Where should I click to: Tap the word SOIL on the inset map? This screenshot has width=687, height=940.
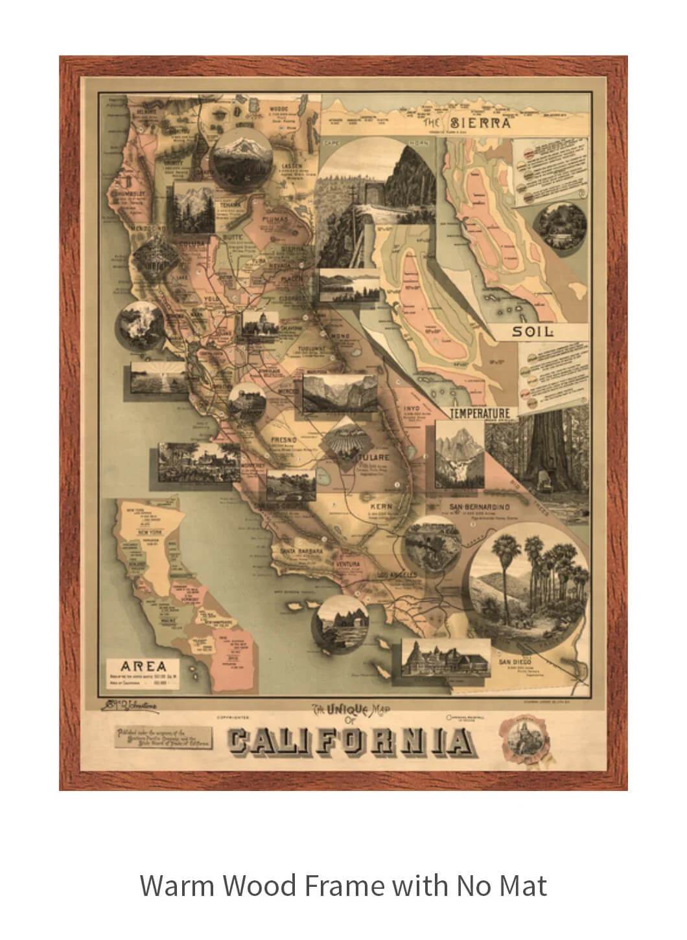[533, 332]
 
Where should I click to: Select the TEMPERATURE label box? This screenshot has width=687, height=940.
[481, 413]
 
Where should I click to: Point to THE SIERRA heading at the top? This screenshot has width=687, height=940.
[467, 122]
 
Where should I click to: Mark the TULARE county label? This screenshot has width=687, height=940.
[373, 457]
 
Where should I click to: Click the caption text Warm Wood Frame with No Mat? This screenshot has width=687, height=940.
[343, 885]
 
